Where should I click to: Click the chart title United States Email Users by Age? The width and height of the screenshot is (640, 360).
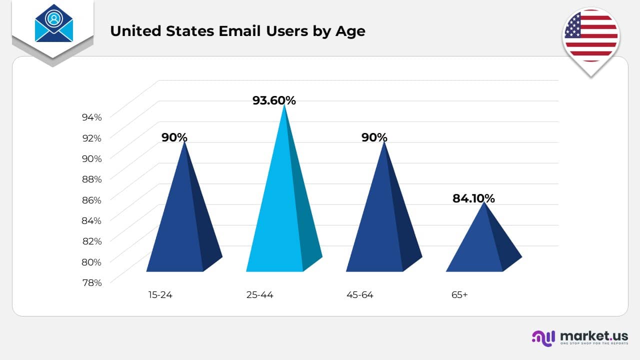pos(237,31)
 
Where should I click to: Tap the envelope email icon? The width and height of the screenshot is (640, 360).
pos(54,23)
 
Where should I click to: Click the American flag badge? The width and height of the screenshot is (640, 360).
pos(591,35)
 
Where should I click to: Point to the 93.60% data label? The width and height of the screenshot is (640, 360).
pos(274,100)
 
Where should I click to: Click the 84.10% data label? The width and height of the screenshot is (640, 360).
pos(473,198)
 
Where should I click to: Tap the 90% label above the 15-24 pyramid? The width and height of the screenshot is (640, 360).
pos(174,137)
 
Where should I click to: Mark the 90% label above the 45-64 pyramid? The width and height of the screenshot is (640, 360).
pos(374,137)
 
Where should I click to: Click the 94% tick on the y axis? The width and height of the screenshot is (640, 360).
pos(91,117)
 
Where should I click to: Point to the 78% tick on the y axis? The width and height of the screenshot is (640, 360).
pos(91,282)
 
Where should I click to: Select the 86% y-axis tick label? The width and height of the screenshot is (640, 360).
pos(91,200)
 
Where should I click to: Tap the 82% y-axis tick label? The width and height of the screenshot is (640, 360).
pos(91,241)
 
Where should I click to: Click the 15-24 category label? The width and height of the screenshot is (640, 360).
pos(160,295)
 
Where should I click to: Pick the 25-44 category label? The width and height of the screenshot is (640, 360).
pos(260,295)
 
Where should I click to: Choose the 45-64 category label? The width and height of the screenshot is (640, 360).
pos(360,295)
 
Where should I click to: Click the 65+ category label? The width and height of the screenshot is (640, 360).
pos(459,295)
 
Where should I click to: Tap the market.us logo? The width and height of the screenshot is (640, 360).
pos(580,337)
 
